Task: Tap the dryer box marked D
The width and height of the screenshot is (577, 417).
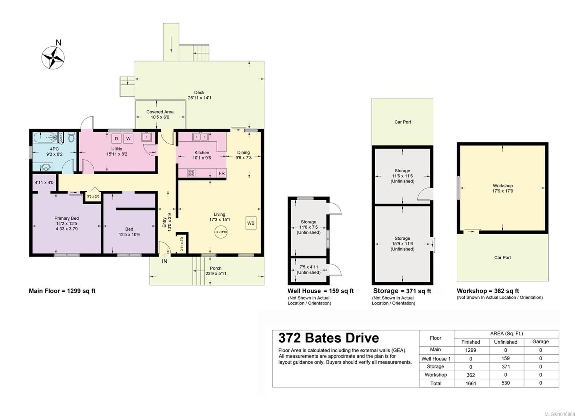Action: click(116, 139)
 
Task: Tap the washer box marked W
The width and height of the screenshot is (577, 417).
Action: click(128, 139)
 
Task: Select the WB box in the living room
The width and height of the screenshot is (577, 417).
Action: click(251, 223)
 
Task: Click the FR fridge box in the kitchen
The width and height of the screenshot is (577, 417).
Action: click(221, 173)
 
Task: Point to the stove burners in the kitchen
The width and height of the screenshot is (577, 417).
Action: click(191, 173)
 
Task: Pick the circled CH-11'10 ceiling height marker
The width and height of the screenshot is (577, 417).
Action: click(221, 232)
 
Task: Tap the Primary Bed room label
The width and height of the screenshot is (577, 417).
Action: click(66, 223)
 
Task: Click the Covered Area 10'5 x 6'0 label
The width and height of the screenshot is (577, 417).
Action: click(160, 114)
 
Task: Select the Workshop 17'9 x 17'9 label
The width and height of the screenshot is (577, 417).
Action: click(502, 188)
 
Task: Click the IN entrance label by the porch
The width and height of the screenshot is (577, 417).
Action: click(165, 261)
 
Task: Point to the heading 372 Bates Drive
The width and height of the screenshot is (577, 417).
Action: click(328, 338)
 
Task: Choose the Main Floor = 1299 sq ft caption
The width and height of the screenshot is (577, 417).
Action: click(62, 291)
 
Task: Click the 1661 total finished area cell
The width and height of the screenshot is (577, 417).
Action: click(471, 383)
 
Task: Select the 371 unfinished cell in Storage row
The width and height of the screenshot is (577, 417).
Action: click(505, 366)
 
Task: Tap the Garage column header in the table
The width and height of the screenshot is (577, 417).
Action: click(540, 341)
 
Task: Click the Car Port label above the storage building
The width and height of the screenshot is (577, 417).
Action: click(402, 122)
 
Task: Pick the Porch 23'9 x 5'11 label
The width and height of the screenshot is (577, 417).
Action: click(215, 271)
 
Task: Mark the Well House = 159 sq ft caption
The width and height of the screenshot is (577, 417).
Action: click(320, 291)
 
